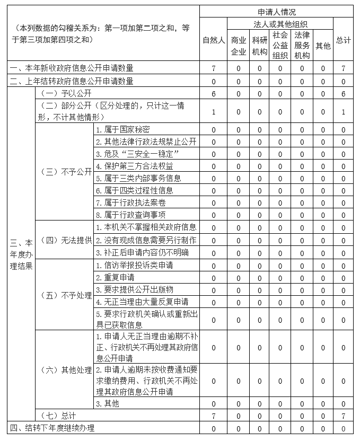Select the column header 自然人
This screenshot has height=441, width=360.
pos(213,40)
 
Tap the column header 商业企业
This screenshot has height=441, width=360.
pos(239,46)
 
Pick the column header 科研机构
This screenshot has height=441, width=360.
pos(260,46)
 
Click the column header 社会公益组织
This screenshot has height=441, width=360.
pos(280,46)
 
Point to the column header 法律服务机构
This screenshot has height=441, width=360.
pos(302,46)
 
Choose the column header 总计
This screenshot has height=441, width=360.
pos(343,40)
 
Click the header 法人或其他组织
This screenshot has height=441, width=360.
pos(280,24)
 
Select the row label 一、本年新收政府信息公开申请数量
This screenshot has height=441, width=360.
pos(72,68)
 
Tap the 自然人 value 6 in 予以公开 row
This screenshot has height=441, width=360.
pos(213,94)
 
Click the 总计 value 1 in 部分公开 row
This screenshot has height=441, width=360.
pos(343,112)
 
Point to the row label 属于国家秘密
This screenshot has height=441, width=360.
pos(122,130)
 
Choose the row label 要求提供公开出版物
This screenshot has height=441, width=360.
pos(134,289)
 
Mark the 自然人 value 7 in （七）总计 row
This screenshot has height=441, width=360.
pos(213,416)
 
